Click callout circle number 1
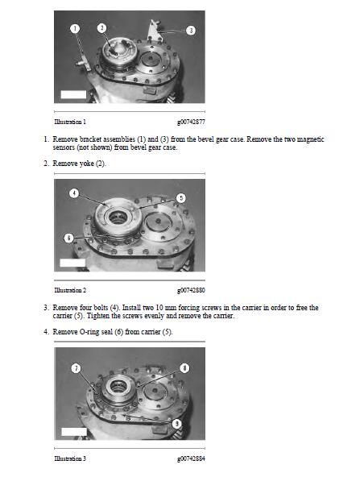point(74,28)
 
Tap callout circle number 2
point(101,28)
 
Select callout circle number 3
point(191,30)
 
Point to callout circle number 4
point(74,193)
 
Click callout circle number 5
point(181,198)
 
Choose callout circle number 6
point(69,238)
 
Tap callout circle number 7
point(76,368)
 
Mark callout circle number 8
point(184,367)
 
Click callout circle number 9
point(177,424)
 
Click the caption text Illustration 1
point(70,122)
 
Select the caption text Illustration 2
point(70,290)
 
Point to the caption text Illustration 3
point(70,458)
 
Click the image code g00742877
point(191,122)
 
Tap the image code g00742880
point(191,290)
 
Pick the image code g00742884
point(191,458)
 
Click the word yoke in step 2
point(86,164)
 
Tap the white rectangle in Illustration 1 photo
point(73,94)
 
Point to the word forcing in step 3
point(189,308)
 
